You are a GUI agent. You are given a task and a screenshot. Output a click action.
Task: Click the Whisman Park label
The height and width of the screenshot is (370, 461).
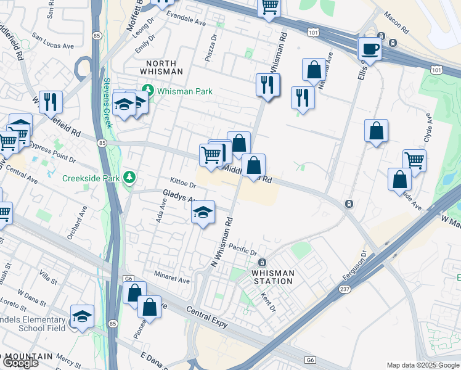(x=184, y=91)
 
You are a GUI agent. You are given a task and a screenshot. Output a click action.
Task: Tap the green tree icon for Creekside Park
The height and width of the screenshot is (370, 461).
(x=129, y=178)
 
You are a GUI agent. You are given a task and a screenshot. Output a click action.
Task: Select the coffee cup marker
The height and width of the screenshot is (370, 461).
(x=370, y=49)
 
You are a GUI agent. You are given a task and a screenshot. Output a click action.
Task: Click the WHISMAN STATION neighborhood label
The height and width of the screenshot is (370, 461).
(x=272, y=277)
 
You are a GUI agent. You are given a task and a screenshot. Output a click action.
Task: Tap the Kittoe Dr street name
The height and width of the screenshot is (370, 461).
(x=183, y=184)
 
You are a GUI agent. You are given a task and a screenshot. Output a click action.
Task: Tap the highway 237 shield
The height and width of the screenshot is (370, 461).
(x=346, y=288)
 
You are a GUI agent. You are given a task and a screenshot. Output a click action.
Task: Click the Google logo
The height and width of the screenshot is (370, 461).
(x=20, y=363)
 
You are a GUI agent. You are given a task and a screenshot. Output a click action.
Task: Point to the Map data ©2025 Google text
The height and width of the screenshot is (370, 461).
(x=422, y=365)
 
